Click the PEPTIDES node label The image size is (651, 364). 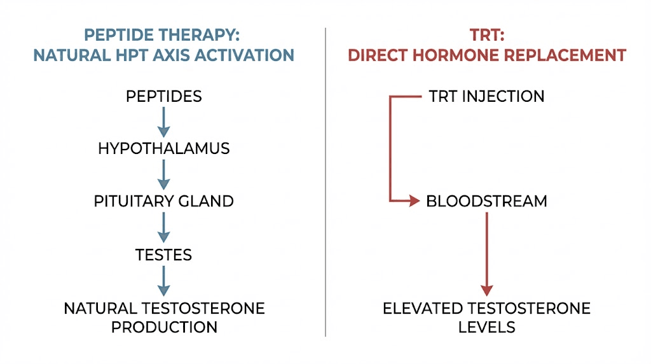point(163,97)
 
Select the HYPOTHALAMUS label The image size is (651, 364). point(163,149)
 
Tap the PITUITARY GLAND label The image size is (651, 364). point(163,202)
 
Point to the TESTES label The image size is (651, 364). point(163,255)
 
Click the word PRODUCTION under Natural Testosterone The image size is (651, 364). point(164,328)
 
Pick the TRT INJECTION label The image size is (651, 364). point(486,97)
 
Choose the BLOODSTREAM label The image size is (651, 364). point(486,202)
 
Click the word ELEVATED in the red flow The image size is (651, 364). point(422,309)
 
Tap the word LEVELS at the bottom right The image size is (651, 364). point(486,328)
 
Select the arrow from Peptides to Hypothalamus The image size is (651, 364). point(163,122)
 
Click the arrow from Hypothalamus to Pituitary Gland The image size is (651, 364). point(163,175)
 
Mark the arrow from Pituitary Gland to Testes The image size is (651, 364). point(163,228)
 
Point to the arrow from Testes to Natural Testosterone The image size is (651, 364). point(163,281)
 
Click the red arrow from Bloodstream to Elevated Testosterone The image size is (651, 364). point(486,255)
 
